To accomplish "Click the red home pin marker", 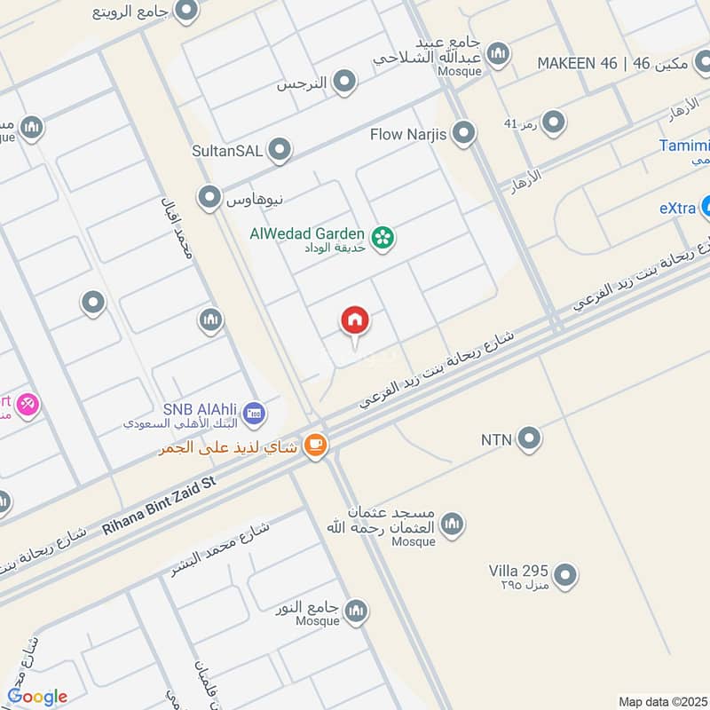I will (356, 321).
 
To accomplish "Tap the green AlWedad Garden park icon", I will (383, 238).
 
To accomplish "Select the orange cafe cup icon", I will (315, 446).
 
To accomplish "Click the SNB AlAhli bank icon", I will (255, 413).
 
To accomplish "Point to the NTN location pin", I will (529, 438).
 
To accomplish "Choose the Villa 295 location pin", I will (564, 577).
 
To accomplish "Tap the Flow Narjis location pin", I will (463, 135).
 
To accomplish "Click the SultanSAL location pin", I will (280, 151).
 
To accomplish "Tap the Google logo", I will (37, 696).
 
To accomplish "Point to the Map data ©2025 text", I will (661, 701).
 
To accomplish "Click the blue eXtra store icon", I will (706, 207).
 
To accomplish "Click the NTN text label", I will (497, 438).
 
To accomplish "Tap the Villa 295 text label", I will (518, 571).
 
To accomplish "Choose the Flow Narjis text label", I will (410, 135).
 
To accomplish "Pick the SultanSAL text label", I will (227, 151).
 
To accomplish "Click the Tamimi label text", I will (685, 146).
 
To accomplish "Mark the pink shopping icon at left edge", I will (27, 404).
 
